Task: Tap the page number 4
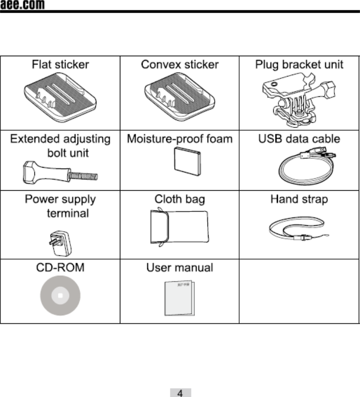[180, 392]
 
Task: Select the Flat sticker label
[60, 64]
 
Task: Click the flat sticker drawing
[60, 97]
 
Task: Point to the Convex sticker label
[179, 64]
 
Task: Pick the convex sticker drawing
[179, 97]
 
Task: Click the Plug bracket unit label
[299, 64]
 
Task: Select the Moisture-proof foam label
[180, 139]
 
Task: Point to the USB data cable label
[299, 139]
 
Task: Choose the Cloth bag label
[180, 199]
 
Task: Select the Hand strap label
[299, 199]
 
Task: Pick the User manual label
[180, 268]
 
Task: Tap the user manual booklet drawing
[180, 299]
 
